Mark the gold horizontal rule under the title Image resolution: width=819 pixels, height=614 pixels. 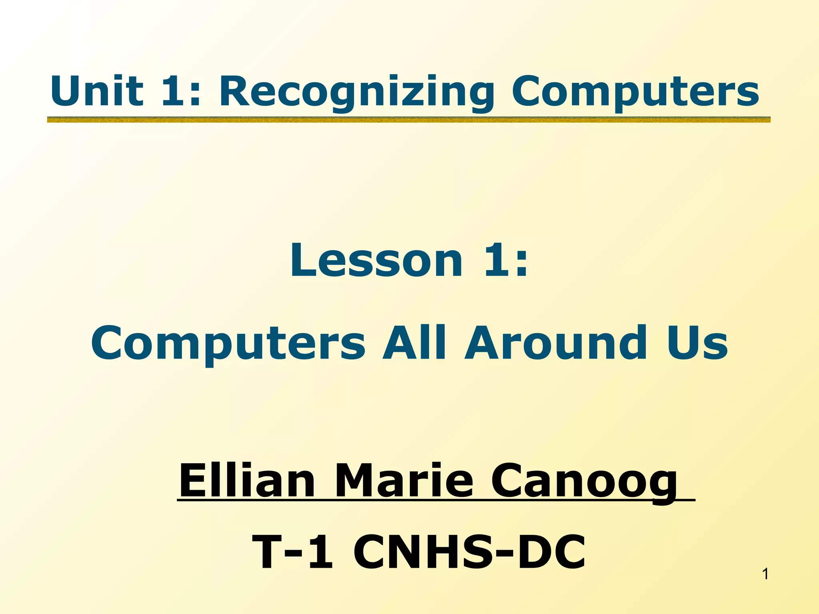[x=408, y=120]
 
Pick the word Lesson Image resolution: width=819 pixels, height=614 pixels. [x=376, y=261]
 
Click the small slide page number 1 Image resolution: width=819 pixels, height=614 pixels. [x=765, y=574]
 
